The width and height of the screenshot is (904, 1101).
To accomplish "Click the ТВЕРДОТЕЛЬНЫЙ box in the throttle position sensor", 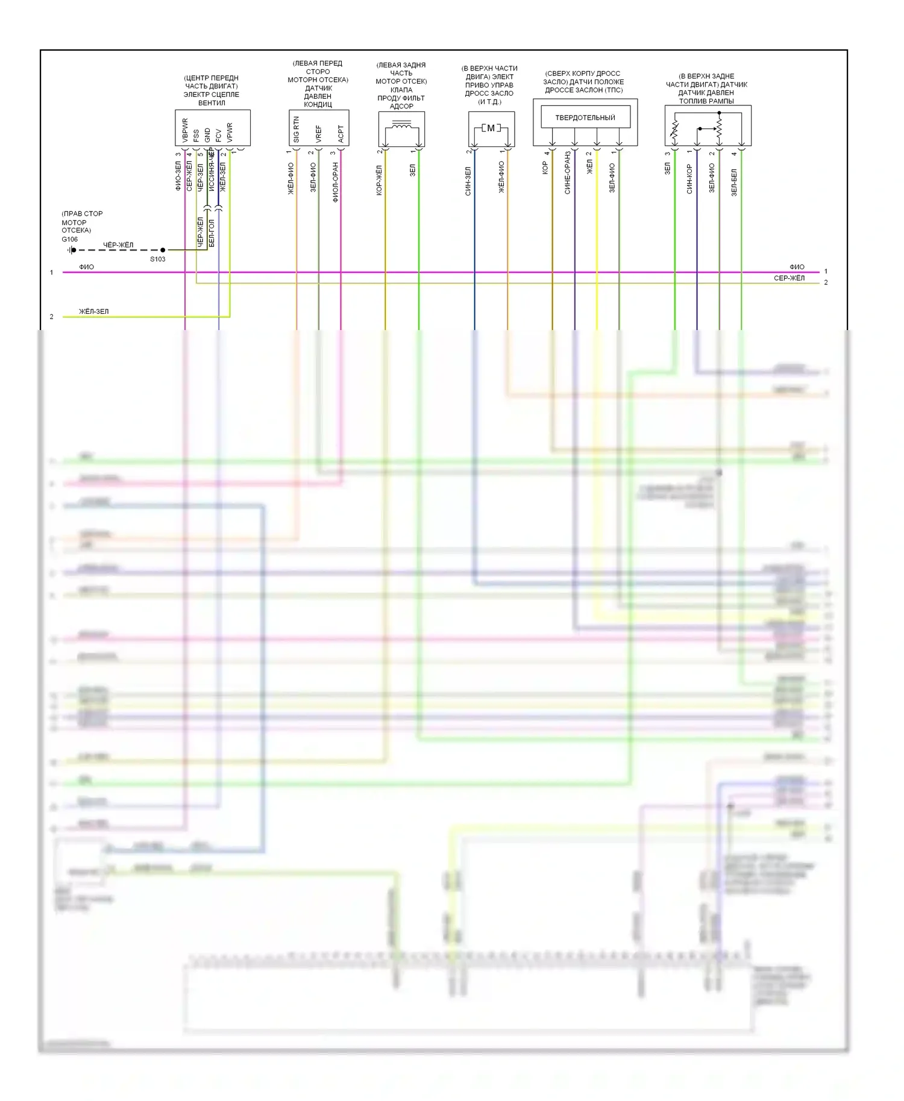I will [585, 117].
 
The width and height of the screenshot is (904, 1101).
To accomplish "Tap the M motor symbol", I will [491, 128].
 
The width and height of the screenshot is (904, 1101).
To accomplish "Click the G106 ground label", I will [69, 239].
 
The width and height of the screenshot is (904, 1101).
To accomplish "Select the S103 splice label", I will [157, 259].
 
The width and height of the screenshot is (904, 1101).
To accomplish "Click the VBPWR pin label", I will [185, 130].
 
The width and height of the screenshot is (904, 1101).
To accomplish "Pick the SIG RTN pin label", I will [296, 129].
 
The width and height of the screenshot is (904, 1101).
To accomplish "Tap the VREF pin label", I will [318, 133].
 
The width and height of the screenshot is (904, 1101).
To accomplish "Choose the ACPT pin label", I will [341, 133].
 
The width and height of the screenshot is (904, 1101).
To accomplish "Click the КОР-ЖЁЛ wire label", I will [379, 181].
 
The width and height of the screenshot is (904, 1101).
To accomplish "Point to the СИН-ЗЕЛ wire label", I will [468, 181].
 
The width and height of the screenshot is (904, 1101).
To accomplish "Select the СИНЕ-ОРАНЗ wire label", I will [567, 173].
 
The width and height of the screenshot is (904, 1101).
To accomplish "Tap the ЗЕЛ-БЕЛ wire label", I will [734, 182].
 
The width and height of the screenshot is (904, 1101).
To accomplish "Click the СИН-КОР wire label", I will [689, 179].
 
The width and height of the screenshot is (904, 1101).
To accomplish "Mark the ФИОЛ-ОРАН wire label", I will [335, 182].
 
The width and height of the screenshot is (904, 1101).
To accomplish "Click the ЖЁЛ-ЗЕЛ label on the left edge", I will [94, 311].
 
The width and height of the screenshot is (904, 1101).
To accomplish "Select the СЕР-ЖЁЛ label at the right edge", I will [789, 278].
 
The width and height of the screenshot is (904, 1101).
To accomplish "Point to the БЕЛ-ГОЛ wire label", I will [212, 233].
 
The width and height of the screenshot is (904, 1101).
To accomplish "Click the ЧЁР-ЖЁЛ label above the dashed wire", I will [118, 245].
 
